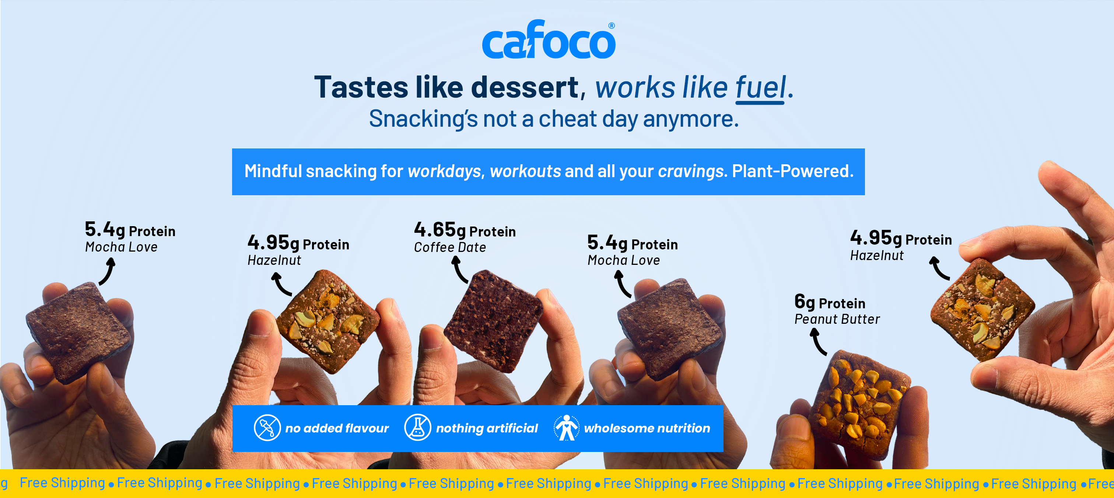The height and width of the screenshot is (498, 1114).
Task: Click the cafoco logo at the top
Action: pos(549,39)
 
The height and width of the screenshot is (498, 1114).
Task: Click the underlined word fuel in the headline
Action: pos(760,88)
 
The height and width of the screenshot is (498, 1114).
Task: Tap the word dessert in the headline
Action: pos(525,87)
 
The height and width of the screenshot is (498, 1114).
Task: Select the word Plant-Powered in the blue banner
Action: pos(793,171)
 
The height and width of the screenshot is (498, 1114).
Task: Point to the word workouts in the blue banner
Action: pos(525,172)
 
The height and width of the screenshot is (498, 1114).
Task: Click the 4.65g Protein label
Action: pos(465,229)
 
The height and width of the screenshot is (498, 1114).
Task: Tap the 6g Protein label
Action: pos(830,302)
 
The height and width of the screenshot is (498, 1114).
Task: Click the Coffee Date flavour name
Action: pos(450,247)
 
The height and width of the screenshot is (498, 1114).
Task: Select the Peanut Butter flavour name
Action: pos(837,319)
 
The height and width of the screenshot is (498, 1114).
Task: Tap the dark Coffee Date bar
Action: pos(493,320)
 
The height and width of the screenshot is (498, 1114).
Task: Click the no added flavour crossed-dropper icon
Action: pos(267,428)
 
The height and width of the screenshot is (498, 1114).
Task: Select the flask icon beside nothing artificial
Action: pos(417,428)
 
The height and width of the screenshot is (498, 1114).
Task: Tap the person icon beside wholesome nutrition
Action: pos(567,428)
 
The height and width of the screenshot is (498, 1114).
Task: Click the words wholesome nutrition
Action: pos(647,428)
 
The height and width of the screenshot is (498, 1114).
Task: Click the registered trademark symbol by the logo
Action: pos(612,25)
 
